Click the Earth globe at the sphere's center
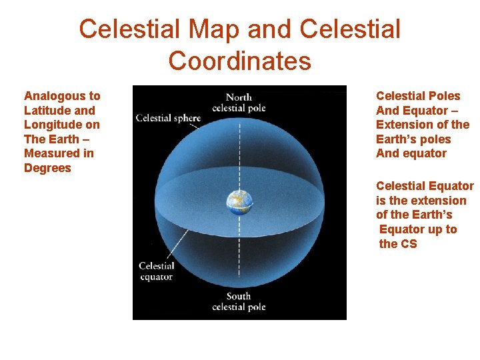[239, 201]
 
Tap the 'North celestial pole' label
[239, 103]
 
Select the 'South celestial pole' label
[239, 301]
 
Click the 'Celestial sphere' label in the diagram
[168, 118]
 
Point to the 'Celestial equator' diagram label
[156, 271]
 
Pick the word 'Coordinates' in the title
[239, 61]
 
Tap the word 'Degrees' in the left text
[47, 168]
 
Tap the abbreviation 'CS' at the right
[408, 244]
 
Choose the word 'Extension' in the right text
[403, 125]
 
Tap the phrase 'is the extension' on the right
[421, 201]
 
